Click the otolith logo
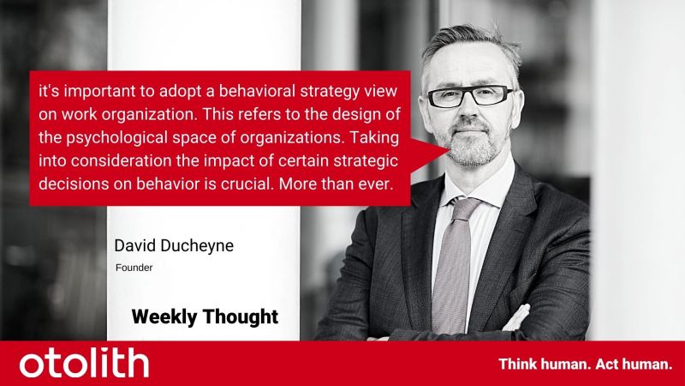84,362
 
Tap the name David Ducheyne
174,245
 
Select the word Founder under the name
134,268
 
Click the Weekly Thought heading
205,317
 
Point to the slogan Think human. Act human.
586,364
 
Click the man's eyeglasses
471,96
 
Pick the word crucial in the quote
247,184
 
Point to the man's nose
468,112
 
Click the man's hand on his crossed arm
518,318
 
